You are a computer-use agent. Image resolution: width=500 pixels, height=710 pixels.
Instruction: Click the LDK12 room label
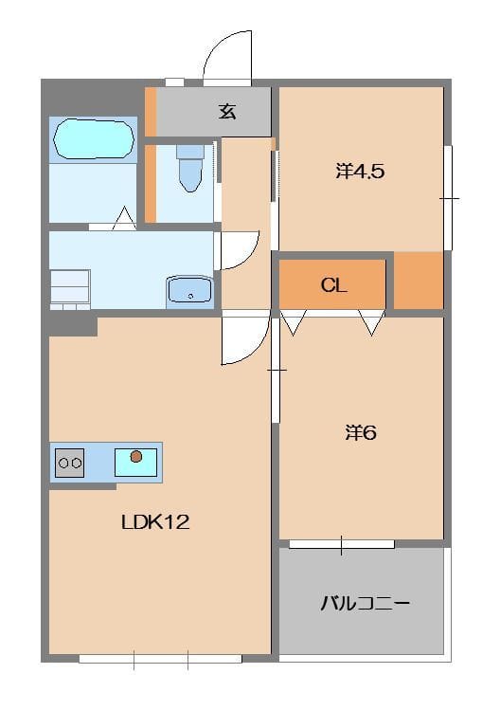[155, 522]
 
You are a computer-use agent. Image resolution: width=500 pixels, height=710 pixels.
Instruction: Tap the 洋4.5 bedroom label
[360, 172]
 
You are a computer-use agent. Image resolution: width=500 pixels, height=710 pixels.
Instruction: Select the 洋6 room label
[361, 433]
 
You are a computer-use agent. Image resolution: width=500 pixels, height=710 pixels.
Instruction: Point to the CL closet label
[334, 285]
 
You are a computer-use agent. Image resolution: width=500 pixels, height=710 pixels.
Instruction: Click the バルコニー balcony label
[366, 604]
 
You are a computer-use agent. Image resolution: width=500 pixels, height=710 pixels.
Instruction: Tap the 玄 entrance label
[227, 112]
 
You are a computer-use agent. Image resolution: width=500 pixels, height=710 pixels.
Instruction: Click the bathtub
[94, 139]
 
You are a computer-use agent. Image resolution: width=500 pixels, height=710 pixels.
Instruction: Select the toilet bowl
[190, 169]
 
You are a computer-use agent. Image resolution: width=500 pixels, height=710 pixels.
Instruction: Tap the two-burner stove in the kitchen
[70, 463]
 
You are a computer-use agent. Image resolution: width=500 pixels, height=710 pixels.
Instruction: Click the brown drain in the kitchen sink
[136, 457]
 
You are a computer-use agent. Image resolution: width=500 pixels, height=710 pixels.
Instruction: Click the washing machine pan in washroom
[70, 289]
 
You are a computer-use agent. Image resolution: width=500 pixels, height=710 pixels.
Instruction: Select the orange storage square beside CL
[419, 281]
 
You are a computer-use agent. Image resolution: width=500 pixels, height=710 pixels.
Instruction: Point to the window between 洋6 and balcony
[342, 544]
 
